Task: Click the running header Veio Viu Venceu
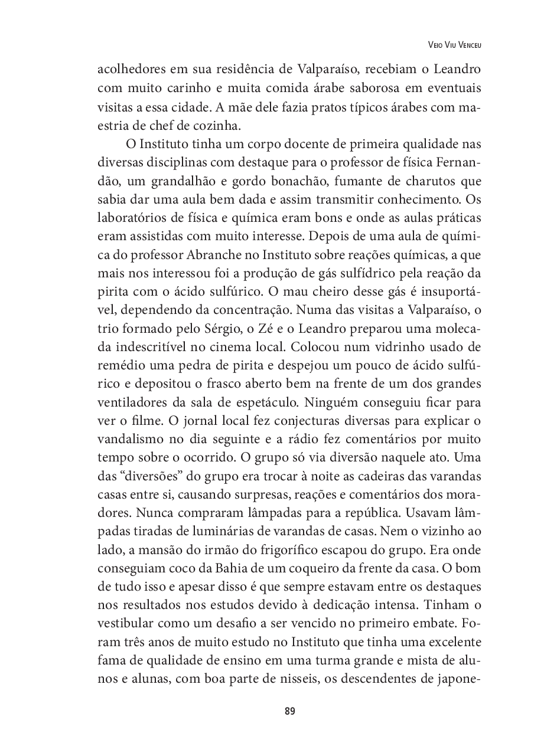tap(451, 44)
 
